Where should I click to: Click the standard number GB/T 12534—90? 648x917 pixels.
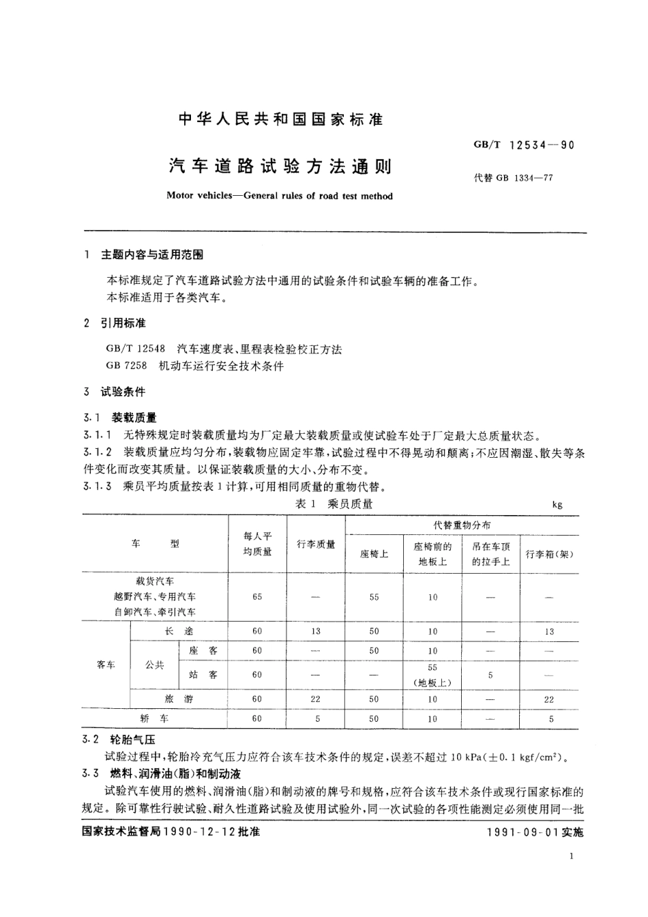click(x=524, y=145)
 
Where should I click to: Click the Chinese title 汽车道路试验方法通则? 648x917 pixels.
click(x=280, y=166)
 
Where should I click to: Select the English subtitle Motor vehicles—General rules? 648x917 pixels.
click(x=280, y=196)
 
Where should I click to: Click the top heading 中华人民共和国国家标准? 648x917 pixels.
click(x=281, y=120)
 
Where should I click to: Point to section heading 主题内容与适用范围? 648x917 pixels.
click(x=151, y=254)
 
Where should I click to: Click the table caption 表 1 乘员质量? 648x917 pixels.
click(x=334, y=504)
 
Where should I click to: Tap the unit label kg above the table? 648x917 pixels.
click(x=557, y=505)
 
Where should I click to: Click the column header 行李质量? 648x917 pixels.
click(x=316, y=544)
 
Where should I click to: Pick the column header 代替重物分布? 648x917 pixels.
click(x=462, y=525)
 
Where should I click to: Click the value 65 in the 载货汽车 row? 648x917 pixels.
click(x=257, y=597)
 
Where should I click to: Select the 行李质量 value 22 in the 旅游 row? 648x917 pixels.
click(x=316, y=699)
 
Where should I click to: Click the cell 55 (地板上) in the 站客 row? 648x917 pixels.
click(x=432, y=675)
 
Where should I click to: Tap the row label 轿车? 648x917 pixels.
click(x=154, y=718)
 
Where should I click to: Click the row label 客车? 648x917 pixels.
click(x=106, y=665)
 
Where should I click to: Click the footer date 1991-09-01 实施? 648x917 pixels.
click(x=536, y=832)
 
